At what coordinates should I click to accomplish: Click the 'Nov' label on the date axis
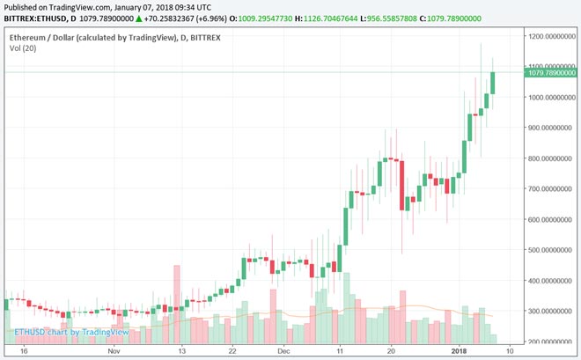[x=114, y=350]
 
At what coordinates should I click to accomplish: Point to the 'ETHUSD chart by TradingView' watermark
[x=71, y=332]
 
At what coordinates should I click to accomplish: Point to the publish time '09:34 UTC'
[x=188, y=6]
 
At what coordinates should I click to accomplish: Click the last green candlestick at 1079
[x=493, y=82]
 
